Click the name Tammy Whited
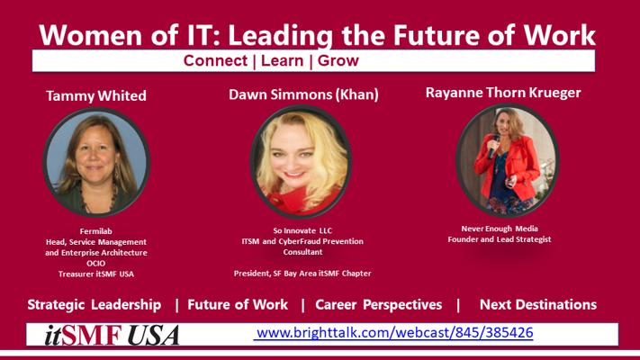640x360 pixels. click(x=96, y=96)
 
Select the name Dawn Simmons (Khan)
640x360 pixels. click(x=303, y=94)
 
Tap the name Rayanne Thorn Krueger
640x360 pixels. click(x=503, y=93)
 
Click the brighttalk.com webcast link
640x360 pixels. click(x=394, y=333)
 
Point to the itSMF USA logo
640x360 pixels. click(x=112, y=335)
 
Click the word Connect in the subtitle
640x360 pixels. click(x=215, y=61)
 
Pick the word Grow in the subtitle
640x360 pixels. click(x=338, y=61)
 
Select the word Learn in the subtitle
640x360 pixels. click(x=283, y=61)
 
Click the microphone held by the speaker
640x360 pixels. click(x=493, y=147)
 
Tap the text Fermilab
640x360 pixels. click(x=96, y=231)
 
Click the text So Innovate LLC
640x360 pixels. click(x=302, y=230)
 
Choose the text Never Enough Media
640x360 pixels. click(x=500, y=229)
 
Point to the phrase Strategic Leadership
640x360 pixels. click(x=95, y=305)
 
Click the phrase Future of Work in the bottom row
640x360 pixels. click(x=238, y=304)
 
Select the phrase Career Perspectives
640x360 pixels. click(x=378, y=305)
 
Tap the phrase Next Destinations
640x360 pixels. click(x=538, y=304)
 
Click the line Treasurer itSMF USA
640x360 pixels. click(x=96, y=274)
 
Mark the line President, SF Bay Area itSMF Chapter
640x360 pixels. click(x=302, y=273)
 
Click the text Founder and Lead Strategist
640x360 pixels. click(x=500, y=239)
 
